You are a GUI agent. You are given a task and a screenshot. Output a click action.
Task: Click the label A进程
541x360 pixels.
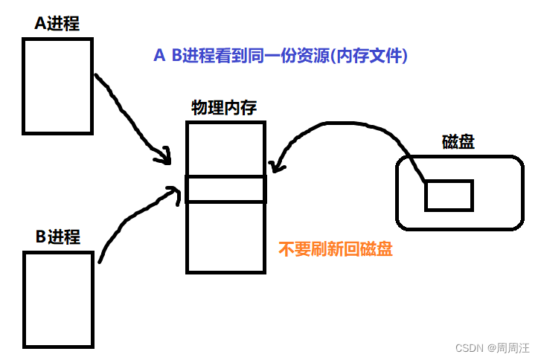(57, 24)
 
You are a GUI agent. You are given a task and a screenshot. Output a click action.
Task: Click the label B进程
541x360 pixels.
(57, 237)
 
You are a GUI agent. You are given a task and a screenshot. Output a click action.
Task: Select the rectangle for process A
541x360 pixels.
(57, 86)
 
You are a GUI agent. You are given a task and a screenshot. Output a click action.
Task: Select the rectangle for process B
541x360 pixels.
(58, 299)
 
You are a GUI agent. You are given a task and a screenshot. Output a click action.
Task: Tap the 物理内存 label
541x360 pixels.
(224, 108)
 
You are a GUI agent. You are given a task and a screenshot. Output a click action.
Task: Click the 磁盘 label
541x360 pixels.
(458, 142)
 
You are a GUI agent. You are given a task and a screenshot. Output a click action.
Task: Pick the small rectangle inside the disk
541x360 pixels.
(449, 195)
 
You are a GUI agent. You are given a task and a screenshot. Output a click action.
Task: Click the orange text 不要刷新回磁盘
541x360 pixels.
(336, 250)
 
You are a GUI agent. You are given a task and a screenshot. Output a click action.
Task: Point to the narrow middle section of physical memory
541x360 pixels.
(225, 189)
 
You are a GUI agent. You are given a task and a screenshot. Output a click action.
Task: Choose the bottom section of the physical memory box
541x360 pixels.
(225, 237)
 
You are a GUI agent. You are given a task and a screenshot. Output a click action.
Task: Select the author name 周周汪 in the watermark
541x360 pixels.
(514, 347)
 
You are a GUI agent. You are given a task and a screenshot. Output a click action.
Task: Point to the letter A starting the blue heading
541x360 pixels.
(159, 56)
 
